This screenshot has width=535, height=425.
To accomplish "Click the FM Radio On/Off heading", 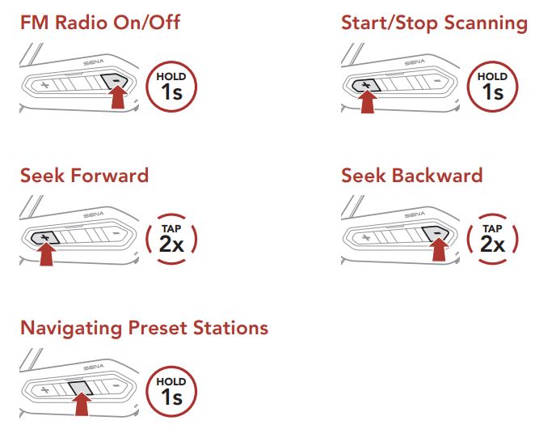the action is [x=100, y=23].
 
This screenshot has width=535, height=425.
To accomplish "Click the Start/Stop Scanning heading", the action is [x=434, y=23].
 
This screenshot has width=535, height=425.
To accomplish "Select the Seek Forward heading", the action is [x=84, y=175].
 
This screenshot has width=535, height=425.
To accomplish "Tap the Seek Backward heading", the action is [x=412, y=175].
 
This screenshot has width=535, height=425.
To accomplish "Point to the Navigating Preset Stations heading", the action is [x=144, y=328].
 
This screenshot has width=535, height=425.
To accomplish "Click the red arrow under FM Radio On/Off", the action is [x=118, y=97].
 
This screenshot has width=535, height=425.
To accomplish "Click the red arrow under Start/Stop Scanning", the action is [x=368, y=100].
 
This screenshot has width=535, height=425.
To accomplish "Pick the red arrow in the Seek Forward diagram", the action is [x=46, y=253].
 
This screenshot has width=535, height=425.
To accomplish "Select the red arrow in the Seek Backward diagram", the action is [x=439, y=249].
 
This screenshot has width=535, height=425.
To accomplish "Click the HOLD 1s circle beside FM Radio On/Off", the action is [x=171, y=87].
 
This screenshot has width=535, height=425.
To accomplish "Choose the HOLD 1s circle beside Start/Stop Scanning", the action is [x=492, y=87].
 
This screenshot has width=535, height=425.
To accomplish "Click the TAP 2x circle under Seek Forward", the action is [x=171, y=239].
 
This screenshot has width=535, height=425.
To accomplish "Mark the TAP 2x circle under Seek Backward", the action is [x=492, y=239].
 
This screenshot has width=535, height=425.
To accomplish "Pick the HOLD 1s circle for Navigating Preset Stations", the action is [x=171, y=392].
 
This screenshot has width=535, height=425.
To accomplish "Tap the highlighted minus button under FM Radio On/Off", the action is [x=115, y=81].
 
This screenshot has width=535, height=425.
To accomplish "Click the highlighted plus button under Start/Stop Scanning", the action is [x=366, y=85].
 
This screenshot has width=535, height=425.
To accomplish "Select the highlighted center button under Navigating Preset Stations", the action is [x=81, y=389].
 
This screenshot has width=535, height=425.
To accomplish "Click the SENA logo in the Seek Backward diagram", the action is [x=415, y=215].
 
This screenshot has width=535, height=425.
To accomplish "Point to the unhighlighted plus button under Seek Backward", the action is [x=366, y=236].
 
